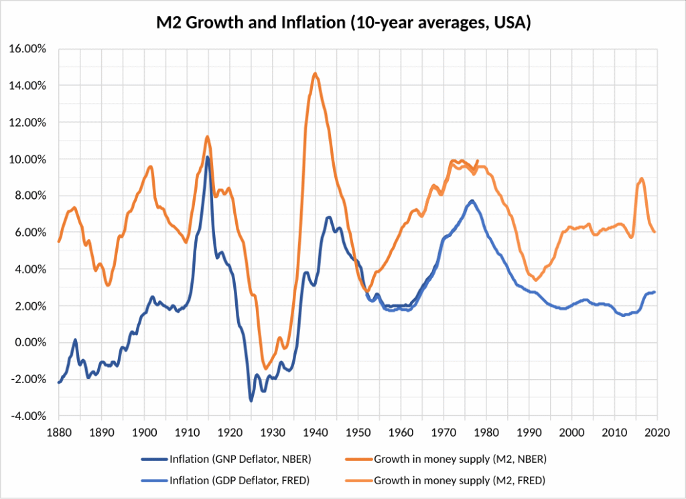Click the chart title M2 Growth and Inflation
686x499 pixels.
click(x=343, y=23)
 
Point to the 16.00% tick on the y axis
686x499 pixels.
click(x=27, y=49)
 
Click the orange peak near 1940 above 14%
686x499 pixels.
click(x=315, y=74)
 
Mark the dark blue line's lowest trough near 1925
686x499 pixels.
click(x=251, y=401)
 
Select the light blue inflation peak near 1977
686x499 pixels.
click(x=472, y=200)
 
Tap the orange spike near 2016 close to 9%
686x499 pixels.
click(x=642, y=178)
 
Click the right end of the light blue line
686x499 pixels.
click(x=655, y=292)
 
